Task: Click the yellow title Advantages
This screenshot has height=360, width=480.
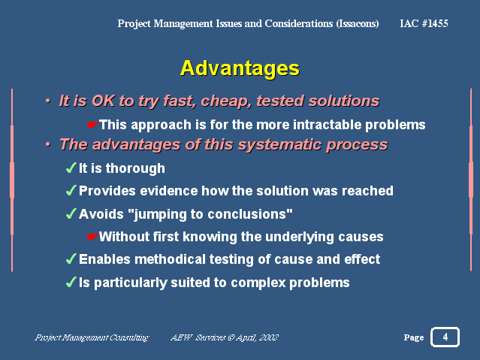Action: pyautogui.click(x=240, y=68)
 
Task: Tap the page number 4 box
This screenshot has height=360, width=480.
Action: pyautogui.click(x=445, y=337)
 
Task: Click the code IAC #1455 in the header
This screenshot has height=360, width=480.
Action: pyautogui.click(x=424, y=23)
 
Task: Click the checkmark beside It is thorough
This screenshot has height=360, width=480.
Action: pyautogui.click(x=71, y=168)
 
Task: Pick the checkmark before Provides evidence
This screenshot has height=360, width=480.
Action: pyautogui.click(x=71, y=190)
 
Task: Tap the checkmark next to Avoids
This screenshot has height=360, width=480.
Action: pyautogui.click(x=71, y=213)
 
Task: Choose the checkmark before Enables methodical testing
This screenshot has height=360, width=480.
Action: pyautogui.click(x=71, y=259)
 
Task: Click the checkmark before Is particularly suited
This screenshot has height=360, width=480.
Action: pyautogui.click(x=71, y=282)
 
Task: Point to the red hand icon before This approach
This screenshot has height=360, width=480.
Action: pyautogui.click(x=92, y=125)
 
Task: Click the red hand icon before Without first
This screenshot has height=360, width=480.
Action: pyautogui.click(x=92, y=237)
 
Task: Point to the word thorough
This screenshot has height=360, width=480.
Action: pyautogui.click(x=136, y=168)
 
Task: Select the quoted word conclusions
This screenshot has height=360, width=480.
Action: pyautogui.click(x=247, y=214)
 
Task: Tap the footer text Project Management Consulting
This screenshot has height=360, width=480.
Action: pyautogui.click(x=92, y=337)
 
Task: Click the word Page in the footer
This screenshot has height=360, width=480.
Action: pyautogui.click(x=414, y=337)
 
